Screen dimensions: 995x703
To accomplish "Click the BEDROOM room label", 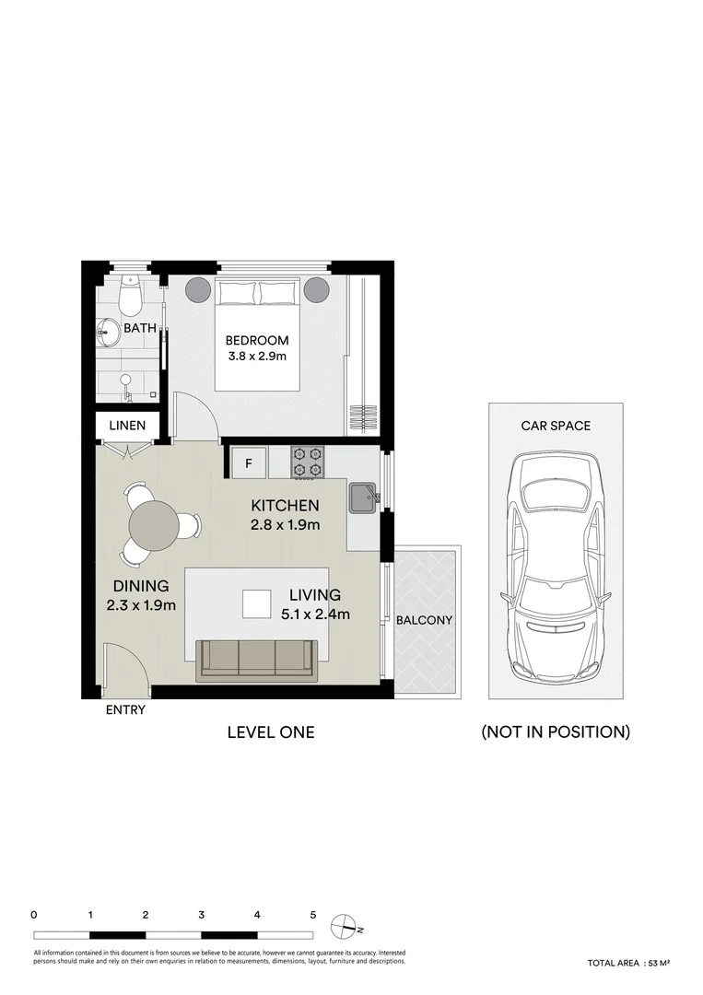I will coord(257,340).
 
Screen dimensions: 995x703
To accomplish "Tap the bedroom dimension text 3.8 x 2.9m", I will coord(257,357).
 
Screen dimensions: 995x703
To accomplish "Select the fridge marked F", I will coord(248,462).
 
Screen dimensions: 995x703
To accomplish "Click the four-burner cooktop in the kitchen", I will coord(307,462).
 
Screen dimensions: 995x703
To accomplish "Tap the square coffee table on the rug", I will coord(257,603).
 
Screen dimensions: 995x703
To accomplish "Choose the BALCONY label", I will coord(424,620).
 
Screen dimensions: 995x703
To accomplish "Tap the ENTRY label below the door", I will coord(125,710).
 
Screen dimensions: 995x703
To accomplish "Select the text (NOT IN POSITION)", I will coord(556,732).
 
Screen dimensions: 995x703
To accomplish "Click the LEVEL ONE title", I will coord(271,732).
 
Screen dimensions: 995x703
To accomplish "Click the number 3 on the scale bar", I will coord(201,915).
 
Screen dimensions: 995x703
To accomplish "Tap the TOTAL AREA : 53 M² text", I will coord(628,963).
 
